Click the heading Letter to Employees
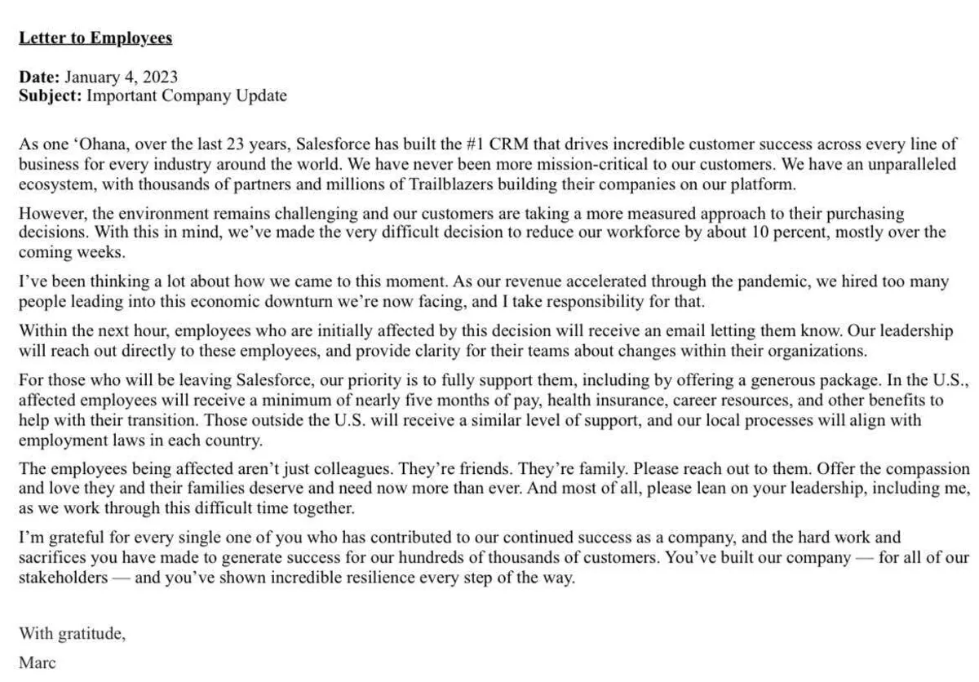point(95,38)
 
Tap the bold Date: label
point(39,77)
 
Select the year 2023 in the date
point(160,77)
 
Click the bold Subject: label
point(51,95)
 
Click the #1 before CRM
point(476,145)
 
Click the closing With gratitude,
point(73,632)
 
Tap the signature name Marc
point(37,662)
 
